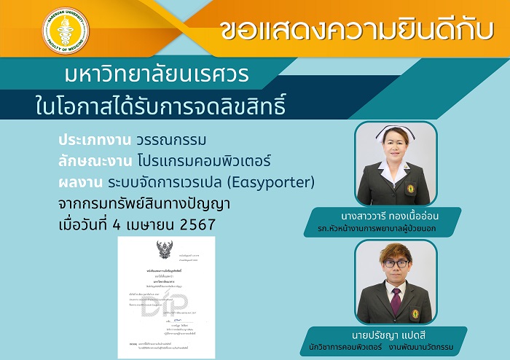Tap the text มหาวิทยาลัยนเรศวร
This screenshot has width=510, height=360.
156,76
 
